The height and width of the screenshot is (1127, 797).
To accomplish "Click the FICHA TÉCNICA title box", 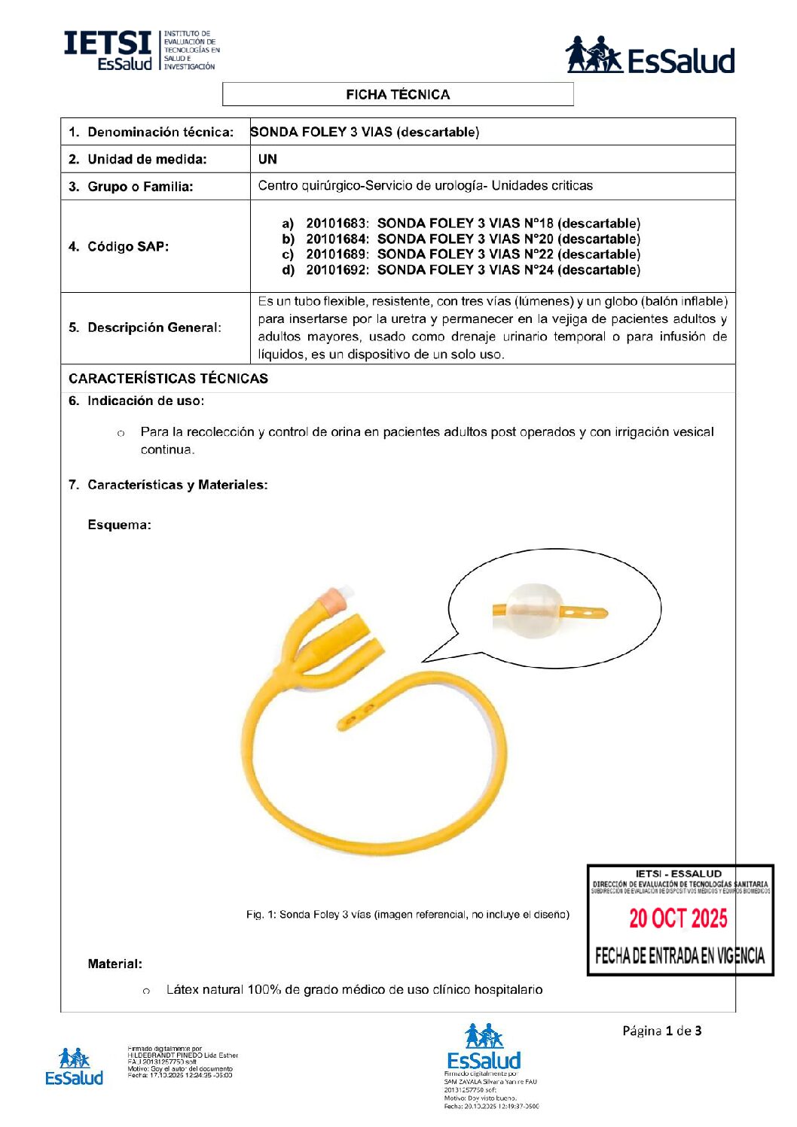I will pos(398,94).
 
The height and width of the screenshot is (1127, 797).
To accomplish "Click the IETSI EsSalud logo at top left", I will pos(142,51).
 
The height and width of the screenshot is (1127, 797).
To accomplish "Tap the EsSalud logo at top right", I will pos(649,56).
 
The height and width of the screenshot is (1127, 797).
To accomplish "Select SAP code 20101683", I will pos(336,224).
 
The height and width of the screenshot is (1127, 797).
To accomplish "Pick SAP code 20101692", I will pos(336,270).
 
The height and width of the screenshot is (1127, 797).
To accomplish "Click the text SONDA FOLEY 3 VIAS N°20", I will pos(465,239).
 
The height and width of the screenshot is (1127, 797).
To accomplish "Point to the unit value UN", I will pos(267,160).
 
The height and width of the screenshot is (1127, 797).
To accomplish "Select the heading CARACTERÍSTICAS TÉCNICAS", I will pos(168,379).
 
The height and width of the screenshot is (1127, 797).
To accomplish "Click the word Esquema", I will pos(119,525).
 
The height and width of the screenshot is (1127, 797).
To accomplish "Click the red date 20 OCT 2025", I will pos(678,918).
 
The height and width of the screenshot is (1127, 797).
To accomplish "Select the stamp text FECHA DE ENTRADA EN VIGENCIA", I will pos(679,956).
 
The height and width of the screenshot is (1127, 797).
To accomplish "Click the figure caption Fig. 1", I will pos(408,915).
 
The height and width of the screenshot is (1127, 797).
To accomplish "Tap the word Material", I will pos(115,964).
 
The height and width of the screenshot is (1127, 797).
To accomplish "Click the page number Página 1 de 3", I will pos(661,1031).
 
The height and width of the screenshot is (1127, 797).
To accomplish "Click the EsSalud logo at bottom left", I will pos(74,1067).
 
